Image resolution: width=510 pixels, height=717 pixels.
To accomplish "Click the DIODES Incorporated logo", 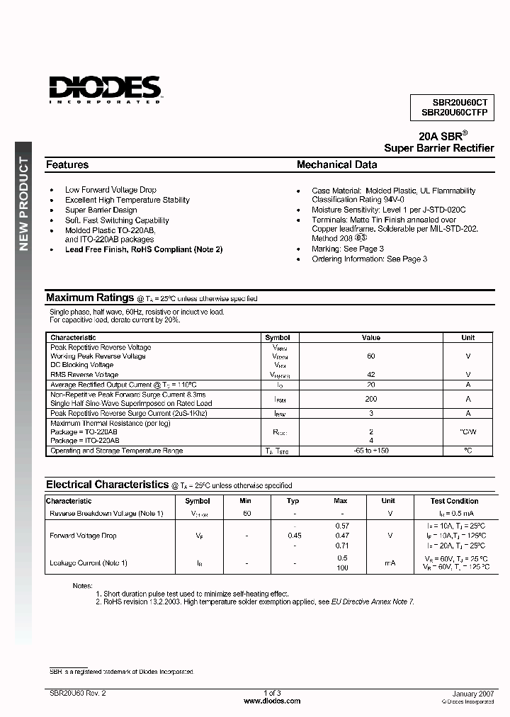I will (105, 89).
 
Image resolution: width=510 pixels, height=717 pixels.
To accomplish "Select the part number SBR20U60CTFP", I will (454, 112).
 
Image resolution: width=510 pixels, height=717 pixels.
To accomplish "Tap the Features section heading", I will (67, 164).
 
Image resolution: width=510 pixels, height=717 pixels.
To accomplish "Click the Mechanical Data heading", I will (336, 164).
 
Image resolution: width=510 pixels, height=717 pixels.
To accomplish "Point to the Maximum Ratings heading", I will (90, 298).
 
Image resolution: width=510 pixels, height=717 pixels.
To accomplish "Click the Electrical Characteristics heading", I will (108, 485).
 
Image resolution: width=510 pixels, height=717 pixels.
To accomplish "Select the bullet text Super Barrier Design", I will (101, 210).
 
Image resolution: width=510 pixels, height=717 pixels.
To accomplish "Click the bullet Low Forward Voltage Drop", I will (110, 190).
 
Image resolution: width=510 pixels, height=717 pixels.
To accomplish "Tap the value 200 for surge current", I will (370, 399).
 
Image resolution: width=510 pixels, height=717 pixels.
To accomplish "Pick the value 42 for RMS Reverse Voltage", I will (370, 374).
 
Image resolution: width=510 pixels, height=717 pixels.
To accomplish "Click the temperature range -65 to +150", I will (371, 451).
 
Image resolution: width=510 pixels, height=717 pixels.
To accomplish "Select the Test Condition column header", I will (454, 501).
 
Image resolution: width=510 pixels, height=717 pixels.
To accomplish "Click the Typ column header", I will (293, 501).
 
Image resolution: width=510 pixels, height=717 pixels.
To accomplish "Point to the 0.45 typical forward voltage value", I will (294, 536).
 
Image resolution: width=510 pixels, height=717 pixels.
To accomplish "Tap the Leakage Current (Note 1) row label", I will (89, 563).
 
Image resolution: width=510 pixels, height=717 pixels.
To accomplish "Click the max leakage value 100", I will (341, 568).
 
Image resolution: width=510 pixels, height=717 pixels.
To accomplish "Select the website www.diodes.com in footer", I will (272, 701).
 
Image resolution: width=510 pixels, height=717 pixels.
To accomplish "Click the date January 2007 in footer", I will (472, 692).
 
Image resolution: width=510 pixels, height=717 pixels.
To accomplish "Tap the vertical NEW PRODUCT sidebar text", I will (23, 204).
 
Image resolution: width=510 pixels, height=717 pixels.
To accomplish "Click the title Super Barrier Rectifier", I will (438, 148).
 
